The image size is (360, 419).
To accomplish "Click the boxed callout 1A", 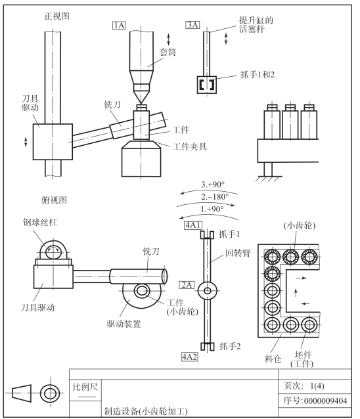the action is click(x=119, y=26).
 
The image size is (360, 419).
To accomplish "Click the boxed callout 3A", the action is click(x=192, y=25).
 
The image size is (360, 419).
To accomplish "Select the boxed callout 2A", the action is click(x=187, y=285).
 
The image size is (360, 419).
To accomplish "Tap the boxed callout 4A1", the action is click(x=193, y=225).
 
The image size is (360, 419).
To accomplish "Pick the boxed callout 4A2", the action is click(x=189, y=357).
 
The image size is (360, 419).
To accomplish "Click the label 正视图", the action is click(x=56, y=16).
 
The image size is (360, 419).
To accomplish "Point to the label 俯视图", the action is click(x=54, y=200).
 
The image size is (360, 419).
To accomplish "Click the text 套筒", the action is click(x=168, y=52).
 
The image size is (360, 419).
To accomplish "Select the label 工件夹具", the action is click(x=189, y=146).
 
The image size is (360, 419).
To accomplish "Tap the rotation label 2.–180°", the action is click(x=215, y=196).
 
